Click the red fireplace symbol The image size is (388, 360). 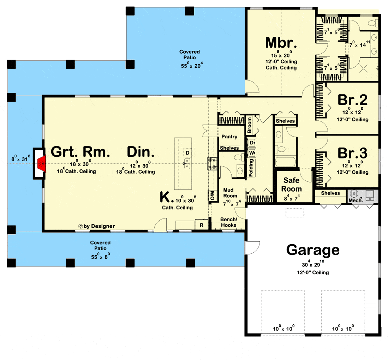(42, 163)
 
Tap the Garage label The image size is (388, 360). (313, 250)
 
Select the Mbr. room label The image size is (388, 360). (281, 43)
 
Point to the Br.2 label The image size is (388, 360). (352, 100)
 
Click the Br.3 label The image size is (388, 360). (352, 153)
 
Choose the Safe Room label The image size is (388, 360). (292, 185)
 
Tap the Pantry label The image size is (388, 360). (229, 137)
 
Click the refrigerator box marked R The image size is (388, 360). (202, 225)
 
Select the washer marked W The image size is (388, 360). (252, 153)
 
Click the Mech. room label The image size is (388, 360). (356, 200)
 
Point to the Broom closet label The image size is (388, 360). (249, 125)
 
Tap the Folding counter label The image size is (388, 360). (251, 168)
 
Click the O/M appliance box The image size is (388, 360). (212, 196)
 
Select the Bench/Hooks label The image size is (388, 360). (228, 222)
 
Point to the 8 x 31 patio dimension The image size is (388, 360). (21, 158)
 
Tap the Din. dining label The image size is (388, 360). (141, 152)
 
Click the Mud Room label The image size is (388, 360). (230, 193)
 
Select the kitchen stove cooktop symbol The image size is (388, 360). (213, 163)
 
